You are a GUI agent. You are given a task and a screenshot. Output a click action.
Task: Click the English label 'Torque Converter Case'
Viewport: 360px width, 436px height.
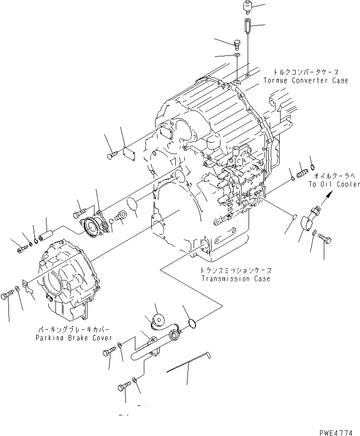312,80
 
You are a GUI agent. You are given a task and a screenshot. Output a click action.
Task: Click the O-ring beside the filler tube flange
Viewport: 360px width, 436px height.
191,323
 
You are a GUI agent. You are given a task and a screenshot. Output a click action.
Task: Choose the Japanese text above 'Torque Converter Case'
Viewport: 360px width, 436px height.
308,72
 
